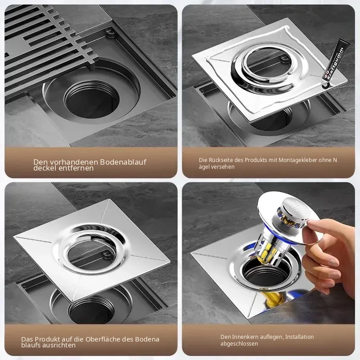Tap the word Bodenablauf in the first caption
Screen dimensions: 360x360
coord(123,162)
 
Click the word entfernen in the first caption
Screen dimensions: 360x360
coord(76,168)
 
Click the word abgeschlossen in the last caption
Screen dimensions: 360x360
coord(239,344)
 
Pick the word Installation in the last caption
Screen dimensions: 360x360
coord(299,337)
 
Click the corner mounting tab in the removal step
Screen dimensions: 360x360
coord(111,33)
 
